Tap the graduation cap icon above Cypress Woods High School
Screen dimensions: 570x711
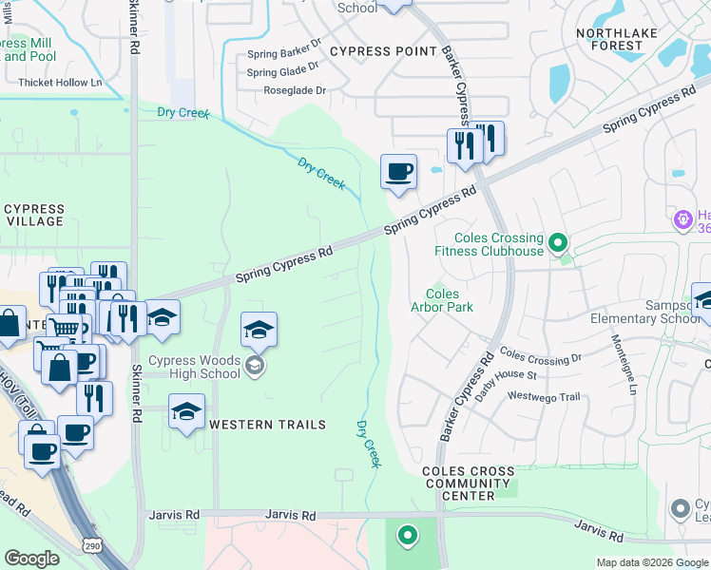point(259,330)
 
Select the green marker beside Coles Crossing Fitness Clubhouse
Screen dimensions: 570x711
point(558,243)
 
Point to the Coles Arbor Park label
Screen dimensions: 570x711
point(441,300)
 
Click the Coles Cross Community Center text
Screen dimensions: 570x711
point(469,483)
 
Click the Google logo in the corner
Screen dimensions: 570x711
point(31,559)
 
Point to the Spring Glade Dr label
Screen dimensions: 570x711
point(282,72)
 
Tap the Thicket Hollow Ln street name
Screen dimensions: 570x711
point(59,83)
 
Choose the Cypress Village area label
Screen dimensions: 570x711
point(34,215)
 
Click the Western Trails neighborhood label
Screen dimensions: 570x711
point(267,425)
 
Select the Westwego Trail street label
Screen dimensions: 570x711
point(543,396)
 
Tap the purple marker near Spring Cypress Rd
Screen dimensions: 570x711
point(682,220)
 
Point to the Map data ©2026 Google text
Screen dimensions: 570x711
point(652,562)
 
